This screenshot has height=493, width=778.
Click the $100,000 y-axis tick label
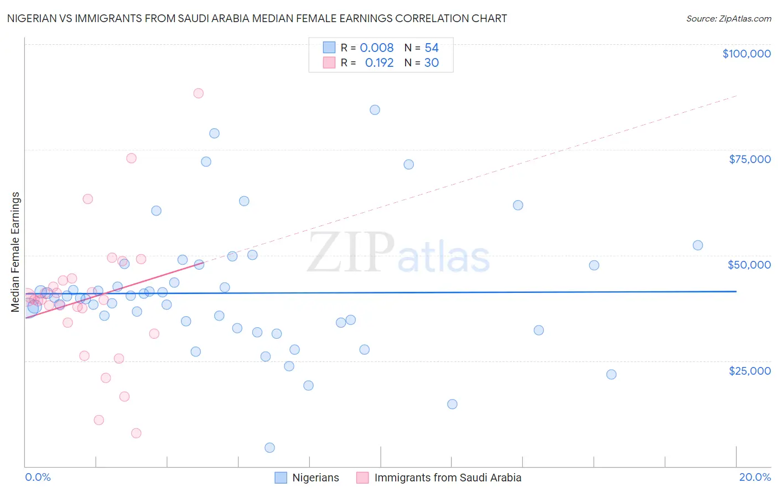point(746,54)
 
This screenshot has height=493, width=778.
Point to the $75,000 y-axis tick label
point(749,159)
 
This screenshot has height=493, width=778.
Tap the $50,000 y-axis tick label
point(749,265)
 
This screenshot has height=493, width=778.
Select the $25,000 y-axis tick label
point(749,371)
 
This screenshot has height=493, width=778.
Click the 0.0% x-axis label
point(38,477)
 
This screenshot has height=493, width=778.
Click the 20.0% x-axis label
point(755,477)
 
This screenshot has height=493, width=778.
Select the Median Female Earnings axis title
point(15,252)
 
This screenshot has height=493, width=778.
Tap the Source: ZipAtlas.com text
point(728,18)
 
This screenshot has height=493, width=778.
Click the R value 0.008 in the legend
point(377,48)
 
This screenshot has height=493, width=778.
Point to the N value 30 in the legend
point(432,62)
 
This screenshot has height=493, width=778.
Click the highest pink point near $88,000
point(198,93)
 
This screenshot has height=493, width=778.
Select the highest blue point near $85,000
point(375,109)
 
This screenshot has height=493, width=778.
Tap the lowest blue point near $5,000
point(269,448)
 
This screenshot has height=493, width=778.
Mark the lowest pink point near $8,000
point(136,433)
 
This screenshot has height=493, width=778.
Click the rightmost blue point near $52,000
point(698,245)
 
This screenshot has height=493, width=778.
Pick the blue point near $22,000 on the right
point(611,374)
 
